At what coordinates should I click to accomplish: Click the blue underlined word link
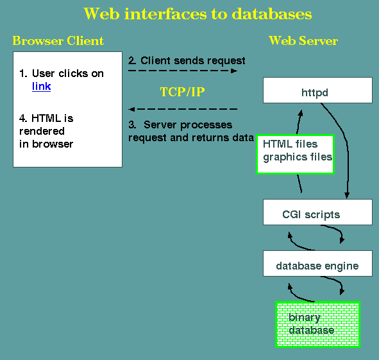(x=41, y=87)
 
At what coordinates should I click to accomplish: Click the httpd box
(x=317, y=90)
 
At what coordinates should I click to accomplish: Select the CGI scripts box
(x=317, y=212)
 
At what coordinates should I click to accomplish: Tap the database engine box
(x=317, y=264)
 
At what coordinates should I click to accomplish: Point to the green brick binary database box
(x=317, y=325)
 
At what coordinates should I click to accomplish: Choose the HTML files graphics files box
(x=295, y=155)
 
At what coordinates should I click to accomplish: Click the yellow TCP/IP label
(x=183, y=92)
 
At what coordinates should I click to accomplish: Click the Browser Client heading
(x=58, y=40)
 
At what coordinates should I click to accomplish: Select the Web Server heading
(x=303, y=40)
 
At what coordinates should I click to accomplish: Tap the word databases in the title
(x=272, y=13)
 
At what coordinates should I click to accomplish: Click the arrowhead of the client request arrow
(x=234, y=71)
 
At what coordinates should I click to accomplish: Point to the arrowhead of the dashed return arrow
(x=131, y=109)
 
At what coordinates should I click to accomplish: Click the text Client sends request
(x=193, y=60)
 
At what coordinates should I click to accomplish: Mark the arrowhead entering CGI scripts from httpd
(x=347, y=196)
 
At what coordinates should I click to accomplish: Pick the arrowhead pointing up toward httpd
(x=301, y=113)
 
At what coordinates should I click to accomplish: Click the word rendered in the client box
(x=42, y=131)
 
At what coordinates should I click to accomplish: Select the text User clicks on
(x=68, y=74)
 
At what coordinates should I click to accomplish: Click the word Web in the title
(x=101, y=13)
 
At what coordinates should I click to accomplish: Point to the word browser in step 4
(x=53, y=144)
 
